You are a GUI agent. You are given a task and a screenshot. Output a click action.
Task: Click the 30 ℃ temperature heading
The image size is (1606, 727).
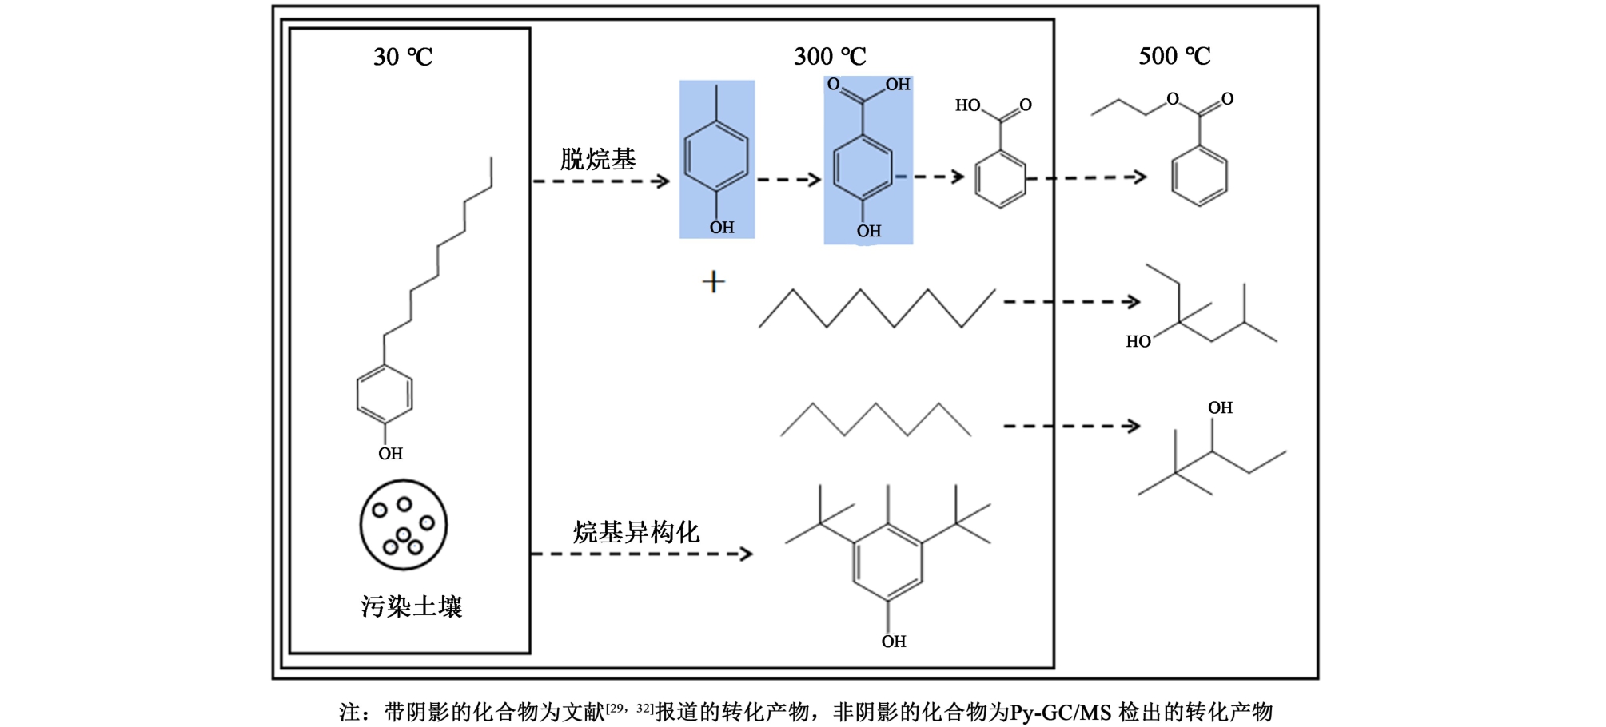point(403,57)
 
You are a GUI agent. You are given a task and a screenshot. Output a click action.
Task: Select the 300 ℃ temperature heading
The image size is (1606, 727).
point(830,57)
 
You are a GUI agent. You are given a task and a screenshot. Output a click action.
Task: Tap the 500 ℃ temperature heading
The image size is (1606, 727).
point(1174,56)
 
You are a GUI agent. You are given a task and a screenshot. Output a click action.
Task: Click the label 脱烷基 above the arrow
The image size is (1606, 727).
point(597,159)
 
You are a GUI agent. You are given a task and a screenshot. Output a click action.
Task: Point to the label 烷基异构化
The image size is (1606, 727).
point(636,532)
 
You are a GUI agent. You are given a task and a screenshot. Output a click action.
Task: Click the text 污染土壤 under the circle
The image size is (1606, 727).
point(411,606)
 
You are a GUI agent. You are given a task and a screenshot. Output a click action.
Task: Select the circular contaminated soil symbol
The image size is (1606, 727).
point(403,525)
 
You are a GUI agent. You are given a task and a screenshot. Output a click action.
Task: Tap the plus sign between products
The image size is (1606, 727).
point(713,282)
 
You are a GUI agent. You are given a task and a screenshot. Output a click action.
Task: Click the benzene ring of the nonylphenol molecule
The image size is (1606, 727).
point(385,394)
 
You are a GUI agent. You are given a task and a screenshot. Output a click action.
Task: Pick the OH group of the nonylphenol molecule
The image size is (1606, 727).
point(390,454)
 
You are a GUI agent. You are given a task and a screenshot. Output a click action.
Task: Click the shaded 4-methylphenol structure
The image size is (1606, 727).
point(716,159)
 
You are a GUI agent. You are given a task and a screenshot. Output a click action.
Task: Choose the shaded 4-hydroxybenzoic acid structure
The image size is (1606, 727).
point(867,160)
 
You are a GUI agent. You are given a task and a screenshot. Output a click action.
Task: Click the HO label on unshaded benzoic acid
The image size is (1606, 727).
point(967,105)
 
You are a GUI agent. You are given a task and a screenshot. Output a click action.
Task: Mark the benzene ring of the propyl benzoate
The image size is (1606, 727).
point(1199,177)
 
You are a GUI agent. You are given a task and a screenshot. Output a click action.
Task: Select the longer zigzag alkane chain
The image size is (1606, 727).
point(876,308)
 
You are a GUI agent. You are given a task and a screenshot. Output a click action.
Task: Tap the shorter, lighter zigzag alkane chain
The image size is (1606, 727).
point(875,419)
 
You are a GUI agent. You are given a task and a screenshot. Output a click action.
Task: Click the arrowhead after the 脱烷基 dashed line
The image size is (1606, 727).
point(662,181)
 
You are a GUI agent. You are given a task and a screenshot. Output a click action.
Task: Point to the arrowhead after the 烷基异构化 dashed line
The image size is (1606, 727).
point(746,554)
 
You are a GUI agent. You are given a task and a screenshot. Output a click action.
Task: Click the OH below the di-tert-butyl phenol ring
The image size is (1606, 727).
point(894,642)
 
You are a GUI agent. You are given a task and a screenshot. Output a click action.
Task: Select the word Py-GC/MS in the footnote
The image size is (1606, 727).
point(1060,712)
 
